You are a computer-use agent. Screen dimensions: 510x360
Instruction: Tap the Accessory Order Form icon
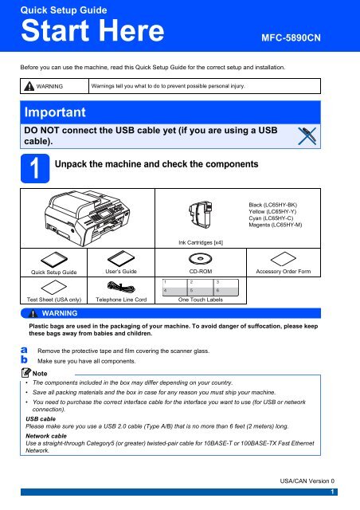pyautogui.click(x=284, y=258)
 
